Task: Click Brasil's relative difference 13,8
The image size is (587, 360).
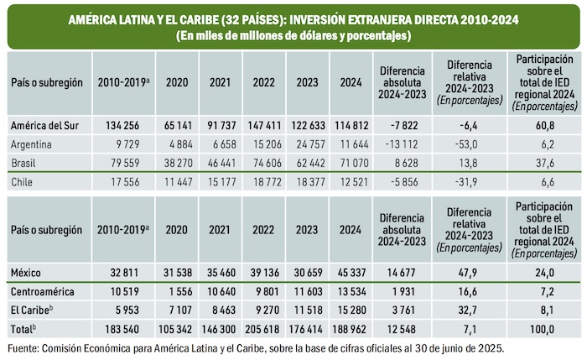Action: (x=468, y=162)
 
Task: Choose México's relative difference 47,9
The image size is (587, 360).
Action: (x=468, y=272)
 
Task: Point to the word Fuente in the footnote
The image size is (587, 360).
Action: (x=24, y=346)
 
